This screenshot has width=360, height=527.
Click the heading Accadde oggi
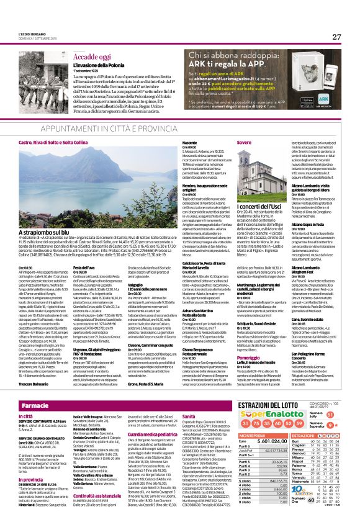(91, 55)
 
